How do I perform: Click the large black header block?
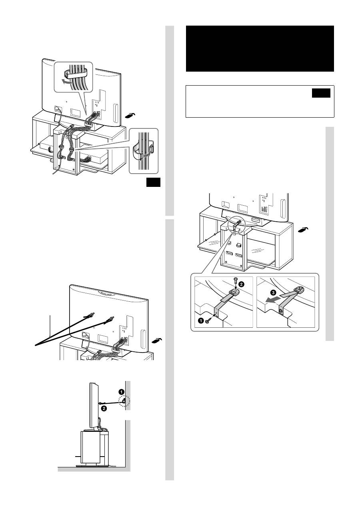260,48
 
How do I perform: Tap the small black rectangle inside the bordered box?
321,93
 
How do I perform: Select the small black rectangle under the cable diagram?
153,182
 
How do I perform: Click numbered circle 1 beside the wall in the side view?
122,392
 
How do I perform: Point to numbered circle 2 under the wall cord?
104,408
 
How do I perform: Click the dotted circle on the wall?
124,401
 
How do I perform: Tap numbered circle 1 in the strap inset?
201,321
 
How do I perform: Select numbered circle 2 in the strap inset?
242,284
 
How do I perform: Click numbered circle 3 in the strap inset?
274,293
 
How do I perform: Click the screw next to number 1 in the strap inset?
208,321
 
